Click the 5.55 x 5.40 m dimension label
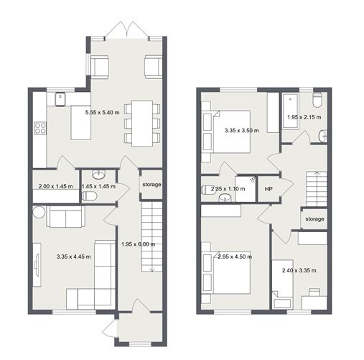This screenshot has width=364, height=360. click(x=105, y=114)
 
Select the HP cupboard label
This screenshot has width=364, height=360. click(x=269, y=190)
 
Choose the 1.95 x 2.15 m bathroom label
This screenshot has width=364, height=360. click(x=304, y=117)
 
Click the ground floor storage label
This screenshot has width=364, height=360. click(x=151, y=185)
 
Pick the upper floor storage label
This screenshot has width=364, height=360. click(x=314, y=219)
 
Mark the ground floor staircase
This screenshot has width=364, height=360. click(x=150, y=236)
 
